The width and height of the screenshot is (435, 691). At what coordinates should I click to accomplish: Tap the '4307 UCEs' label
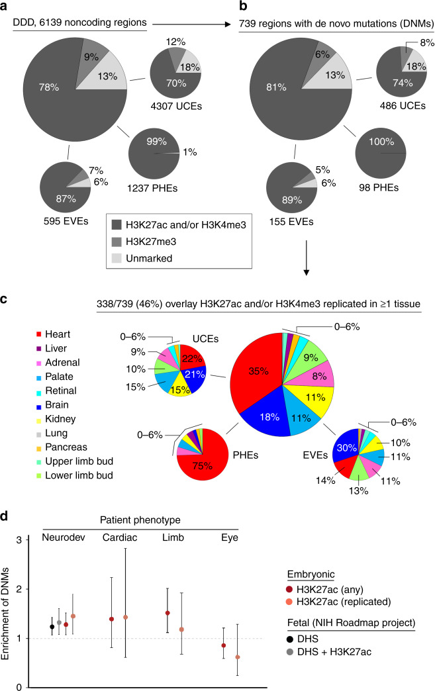pos(176,106)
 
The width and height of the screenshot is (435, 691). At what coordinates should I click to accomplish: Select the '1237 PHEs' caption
pos(152,188)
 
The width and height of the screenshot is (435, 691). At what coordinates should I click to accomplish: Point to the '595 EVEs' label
pos(66,221)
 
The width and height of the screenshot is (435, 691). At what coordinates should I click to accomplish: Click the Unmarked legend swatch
pos(117,258)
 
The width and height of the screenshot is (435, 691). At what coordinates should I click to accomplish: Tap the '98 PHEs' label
pos(379,188)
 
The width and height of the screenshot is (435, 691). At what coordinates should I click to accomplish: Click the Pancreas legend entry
pos(62,447)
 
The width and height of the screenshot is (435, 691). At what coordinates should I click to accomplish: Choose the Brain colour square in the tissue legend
pos(39,405)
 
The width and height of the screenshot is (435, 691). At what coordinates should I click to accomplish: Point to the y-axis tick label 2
pos(19,589)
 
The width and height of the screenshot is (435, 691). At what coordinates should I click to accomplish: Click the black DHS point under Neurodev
pos(52,627)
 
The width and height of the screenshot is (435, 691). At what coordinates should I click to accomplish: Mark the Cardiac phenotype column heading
pos(120,537)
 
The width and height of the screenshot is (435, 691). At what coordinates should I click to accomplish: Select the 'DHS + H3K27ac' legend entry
pos(329,651)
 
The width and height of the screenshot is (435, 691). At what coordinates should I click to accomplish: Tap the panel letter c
pos(3,300)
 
